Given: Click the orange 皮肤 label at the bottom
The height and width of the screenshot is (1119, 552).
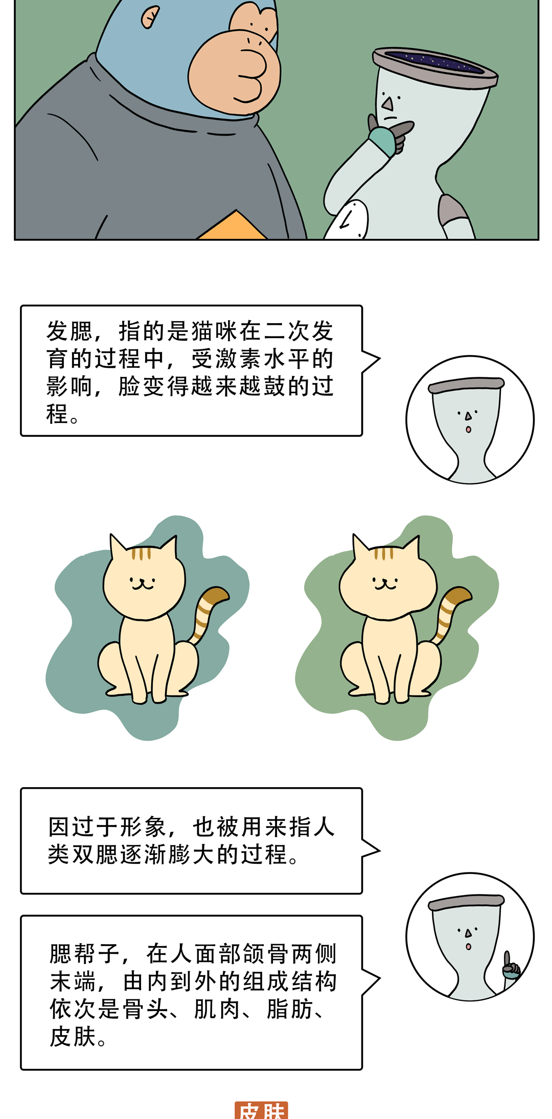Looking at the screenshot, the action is (261, 1110).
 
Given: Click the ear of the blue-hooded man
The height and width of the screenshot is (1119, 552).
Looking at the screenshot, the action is (149, 17).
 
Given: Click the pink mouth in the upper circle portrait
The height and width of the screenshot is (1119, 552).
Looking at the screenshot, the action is (468, 430).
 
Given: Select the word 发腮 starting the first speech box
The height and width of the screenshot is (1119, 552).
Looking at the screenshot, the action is (70, 331).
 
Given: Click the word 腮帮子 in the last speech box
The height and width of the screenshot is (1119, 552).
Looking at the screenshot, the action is (85, 953).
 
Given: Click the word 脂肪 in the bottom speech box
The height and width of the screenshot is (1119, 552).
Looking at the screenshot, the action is (289, 1009).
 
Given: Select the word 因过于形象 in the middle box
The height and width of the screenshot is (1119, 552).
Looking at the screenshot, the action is (107, 826).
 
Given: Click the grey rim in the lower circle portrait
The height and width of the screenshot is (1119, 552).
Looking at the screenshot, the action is (466, 903).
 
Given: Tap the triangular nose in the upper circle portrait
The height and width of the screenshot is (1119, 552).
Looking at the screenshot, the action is (468, 417).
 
